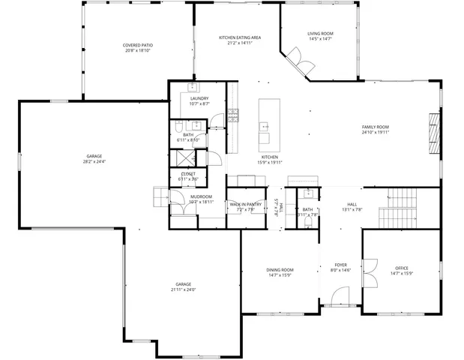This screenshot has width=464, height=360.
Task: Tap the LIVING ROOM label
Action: [320, 34]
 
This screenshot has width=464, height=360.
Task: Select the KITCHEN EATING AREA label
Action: [239, 37]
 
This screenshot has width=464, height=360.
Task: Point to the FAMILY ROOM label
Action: [375, 127]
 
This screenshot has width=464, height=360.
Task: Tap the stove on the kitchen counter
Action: [233, 115]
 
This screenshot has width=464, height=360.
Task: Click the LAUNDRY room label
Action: [199, 99]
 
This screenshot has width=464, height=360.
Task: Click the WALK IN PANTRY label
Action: [245, 204]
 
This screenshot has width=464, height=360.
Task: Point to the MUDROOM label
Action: [201, 196]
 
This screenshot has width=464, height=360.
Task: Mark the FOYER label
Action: [340, 265]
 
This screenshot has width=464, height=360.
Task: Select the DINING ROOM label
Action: [280, 270]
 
